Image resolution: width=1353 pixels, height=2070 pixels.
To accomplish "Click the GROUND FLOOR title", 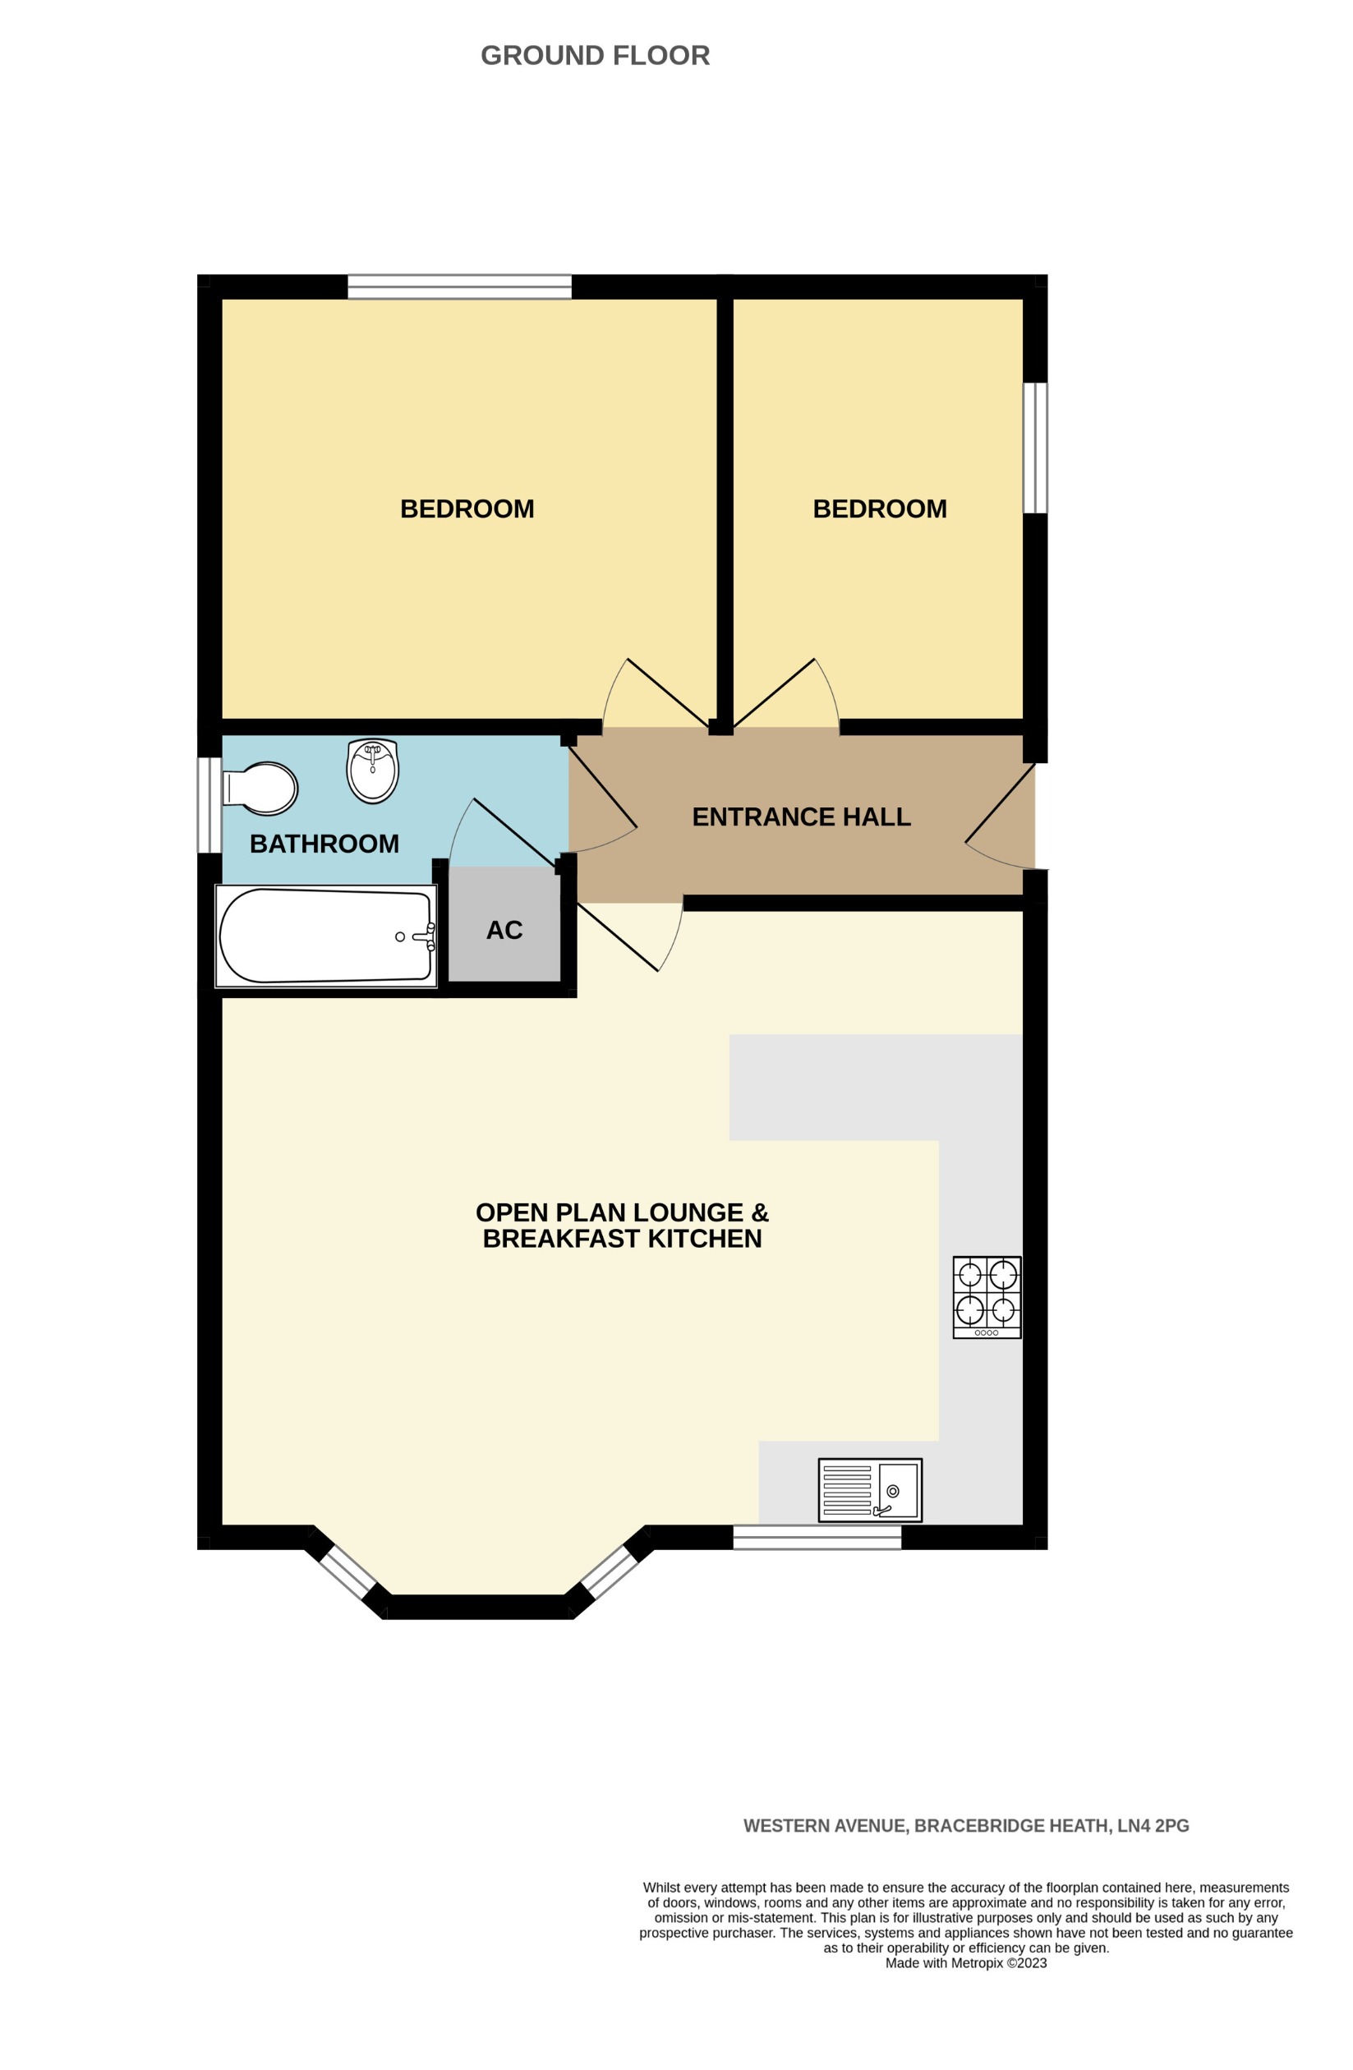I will [595, 56].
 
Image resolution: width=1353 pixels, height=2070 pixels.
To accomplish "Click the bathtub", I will [326, 936].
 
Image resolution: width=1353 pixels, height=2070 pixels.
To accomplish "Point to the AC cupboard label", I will [504, 930].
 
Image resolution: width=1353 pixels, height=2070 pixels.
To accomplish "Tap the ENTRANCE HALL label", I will [801, 816].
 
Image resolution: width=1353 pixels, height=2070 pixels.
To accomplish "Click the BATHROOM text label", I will [324, 843].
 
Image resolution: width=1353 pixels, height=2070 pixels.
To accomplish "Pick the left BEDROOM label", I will [467, 508].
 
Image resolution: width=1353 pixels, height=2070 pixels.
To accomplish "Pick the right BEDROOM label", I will [879, 508].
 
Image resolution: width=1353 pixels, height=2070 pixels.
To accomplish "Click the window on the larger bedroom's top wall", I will [459, 286].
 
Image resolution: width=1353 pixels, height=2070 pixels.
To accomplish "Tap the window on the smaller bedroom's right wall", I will [1035, 448].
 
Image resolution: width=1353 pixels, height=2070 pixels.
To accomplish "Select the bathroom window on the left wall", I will [209, 804].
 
